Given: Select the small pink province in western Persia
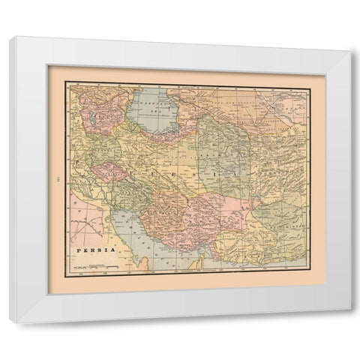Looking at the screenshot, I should tap(109, 172).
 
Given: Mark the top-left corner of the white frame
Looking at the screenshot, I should tap(10, 37).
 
